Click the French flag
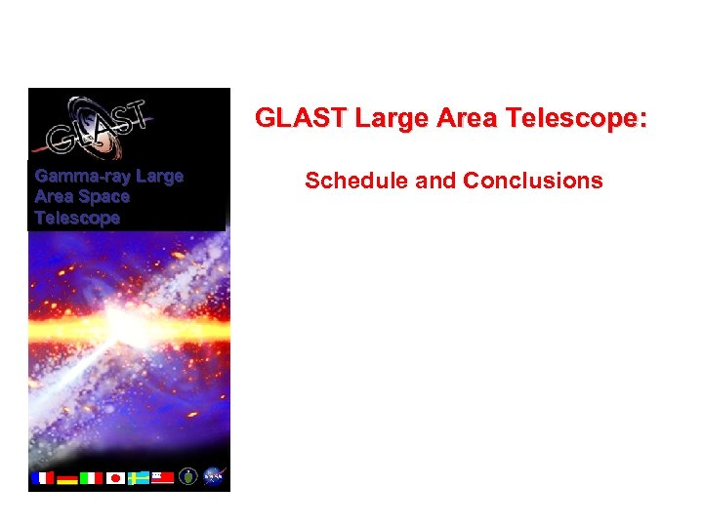click(43, 477)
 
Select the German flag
click(67, 477)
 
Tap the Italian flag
click(92, 477)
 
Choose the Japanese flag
click(116, 477)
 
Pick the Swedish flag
click(140, 477)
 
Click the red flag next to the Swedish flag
click(163, 477)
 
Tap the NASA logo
click(212, 476)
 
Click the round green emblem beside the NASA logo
click(188, 476)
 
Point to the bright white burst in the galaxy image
click(122, 322)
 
